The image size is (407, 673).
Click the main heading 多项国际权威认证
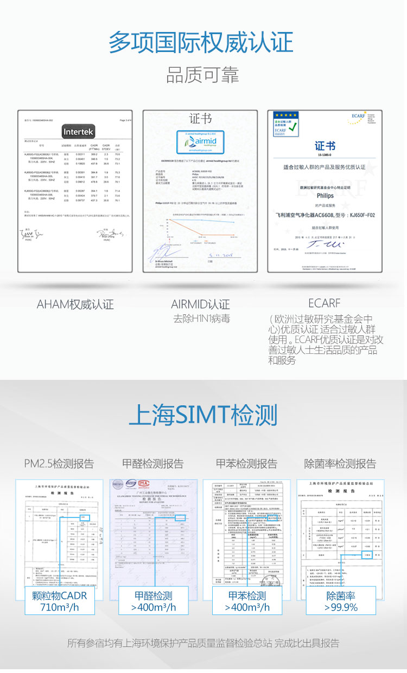(x=201, y=42)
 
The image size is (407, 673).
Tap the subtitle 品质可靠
(x=202, y=75)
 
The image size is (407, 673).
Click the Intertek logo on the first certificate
(x=79, y=132)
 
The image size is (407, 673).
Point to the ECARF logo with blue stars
(x=287, y=124)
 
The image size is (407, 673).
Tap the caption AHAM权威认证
(x=75, y=305)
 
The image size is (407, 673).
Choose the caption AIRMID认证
(x=200, y=305)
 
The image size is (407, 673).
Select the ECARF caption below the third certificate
(x=324, y=303)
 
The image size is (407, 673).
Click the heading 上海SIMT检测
(x=203, y=415)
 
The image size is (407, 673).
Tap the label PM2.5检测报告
(x=59, y=464)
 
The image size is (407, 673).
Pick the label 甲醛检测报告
(x=152, y=464)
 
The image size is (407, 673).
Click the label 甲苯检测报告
(x=246, y=464)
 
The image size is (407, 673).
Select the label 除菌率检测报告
(x=340, y=464)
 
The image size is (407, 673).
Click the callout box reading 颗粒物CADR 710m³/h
(x=60, y=601)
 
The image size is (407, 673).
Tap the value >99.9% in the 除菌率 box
(x=341, y=607)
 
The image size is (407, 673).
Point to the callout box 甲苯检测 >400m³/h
(x=247, y=601)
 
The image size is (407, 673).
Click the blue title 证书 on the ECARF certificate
(x=325, y=146)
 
